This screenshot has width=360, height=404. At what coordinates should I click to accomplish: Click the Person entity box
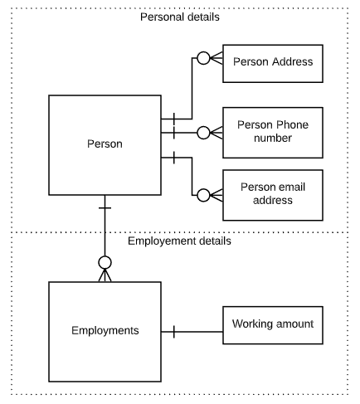click(x=105, y=144)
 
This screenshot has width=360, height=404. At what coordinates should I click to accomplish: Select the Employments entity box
click(x=105, y=331)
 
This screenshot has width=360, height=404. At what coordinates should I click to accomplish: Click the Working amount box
click(x=272, y=324)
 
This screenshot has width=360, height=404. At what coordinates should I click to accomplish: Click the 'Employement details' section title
click(x=180, y=241)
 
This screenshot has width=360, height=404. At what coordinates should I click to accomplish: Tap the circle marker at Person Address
click(x=202, y=59)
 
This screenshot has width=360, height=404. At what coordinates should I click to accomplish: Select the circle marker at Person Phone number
click(x=202, y=131)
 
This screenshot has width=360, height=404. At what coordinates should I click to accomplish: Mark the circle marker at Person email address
click(x=202, y=195)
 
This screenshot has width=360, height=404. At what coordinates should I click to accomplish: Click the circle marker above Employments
click(x=105, y=265)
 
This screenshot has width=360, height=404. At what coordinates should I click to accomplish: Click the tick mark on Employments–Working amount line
click(x=173, y=332)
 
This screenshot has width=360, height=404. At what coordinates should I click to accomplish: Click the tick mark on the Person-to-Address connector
click(x=173, y=119)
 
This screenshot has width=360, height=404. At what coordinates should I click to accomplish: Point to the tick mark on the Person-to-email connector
click(x=173, y=157)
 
